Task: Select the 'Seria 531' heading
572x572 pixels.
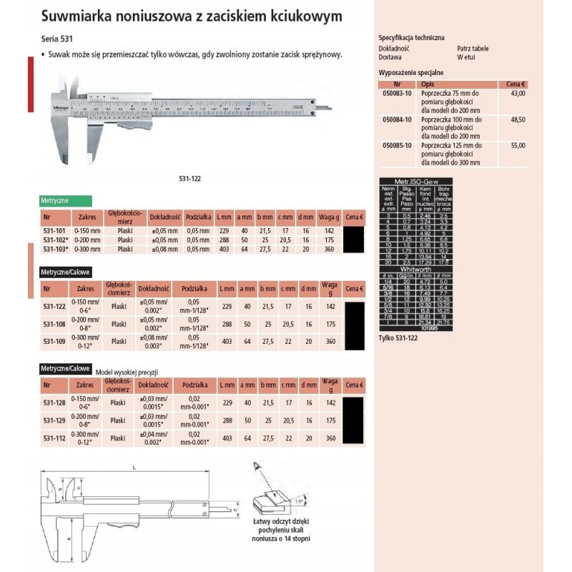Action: (56, 41)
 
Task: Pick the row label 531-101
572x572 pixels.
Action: (56, 231)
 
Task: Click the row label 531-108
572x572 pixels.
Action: (54, 324)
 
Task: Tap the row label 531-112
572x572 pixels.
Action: (54, 438)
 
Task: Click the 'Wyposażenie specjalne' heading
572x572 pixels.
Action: (410, 73)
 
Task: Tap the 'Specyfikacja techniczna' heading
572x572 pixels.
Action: (410, 36)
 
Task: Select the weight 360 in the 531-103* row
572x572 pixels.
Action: (330, 249)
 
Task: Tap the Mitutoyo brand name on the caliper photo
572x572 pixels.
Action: (61, 108)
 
